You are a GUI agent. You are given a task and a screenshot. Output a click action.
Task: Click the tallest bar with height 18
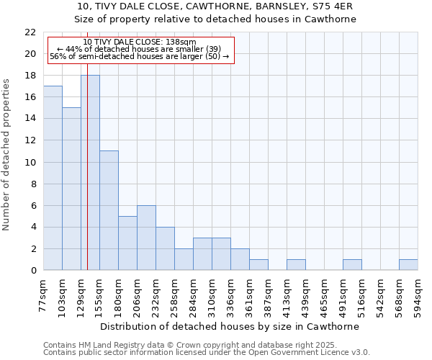pos(90,173)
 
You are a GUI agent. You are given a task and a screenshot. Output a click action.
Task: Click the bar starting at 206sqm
pos(146,238)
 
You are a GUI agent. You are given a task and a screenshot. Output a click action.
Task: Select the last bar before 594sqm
pos(408,265)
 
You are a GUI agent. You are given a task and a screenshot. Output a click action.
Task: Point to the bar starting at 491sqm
pos(352,265)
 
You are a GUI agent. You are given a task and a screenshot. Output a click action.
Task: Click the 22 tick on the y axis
pos(30,32)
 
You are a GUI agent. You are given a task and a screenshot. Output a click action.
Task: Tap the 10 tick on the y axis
pos(30,162)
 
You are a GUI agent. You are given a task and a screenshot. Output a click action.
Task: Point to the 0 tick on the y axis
pos(33,271)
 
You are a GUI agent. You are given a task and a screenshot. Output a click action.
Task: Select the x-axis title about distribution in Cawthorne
pos(229,326)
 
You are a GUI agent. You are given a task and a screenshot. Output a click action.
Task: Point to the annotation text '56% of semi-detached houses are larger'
pos(139,56)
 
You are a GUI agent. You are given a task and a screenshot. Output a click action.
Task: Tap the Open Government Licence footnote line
pos(207,353)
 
